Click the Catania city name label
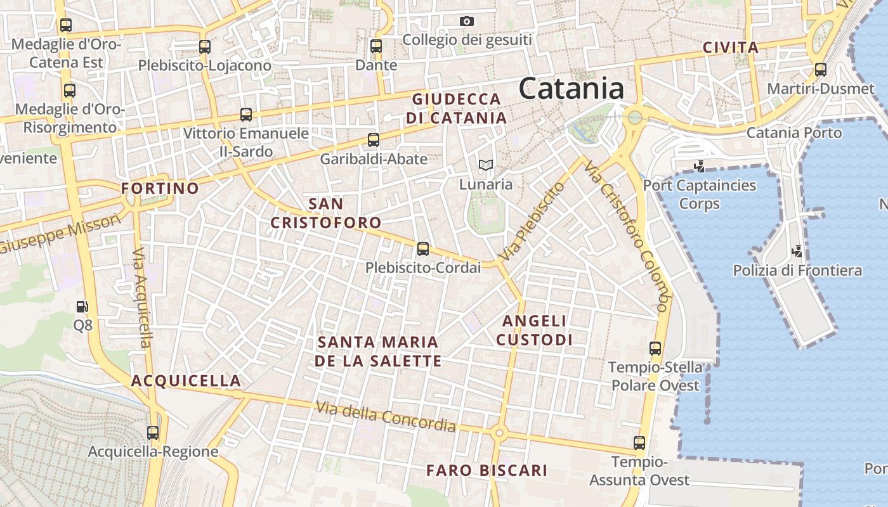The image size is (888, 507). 571,88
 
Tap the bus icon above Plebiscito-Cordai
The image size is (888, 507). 423,249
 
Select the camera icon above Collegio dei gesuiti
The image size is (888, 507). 467,22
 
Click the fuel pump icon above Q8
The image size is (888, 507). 82,307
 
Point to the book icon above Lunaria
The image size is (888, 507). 486,165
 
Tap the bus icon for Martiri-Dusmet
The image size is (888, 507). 821,70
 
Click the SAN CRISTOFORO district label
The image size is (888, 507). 326,213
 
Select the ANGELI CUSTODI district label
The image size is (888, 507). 534,330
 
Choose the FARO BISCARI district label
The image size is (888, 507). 486,470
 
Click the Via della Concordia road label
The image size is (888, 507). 386,416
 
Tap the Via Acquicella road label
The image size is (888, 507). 142,297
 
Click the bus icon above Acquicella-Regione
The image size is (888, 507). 153,433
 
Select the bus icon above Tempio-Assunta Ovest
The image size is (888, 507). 639,443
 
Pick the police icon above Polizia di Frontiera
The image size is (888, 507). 797,251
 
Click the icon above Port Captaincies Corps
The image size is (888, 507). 700,167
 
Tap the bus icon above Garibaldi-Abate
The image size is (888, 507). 374,140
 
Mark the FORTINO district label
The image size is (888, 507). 160,188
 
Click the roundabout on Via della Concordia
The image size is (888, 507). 499,433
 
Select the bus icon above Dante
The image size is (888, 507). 376,46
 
